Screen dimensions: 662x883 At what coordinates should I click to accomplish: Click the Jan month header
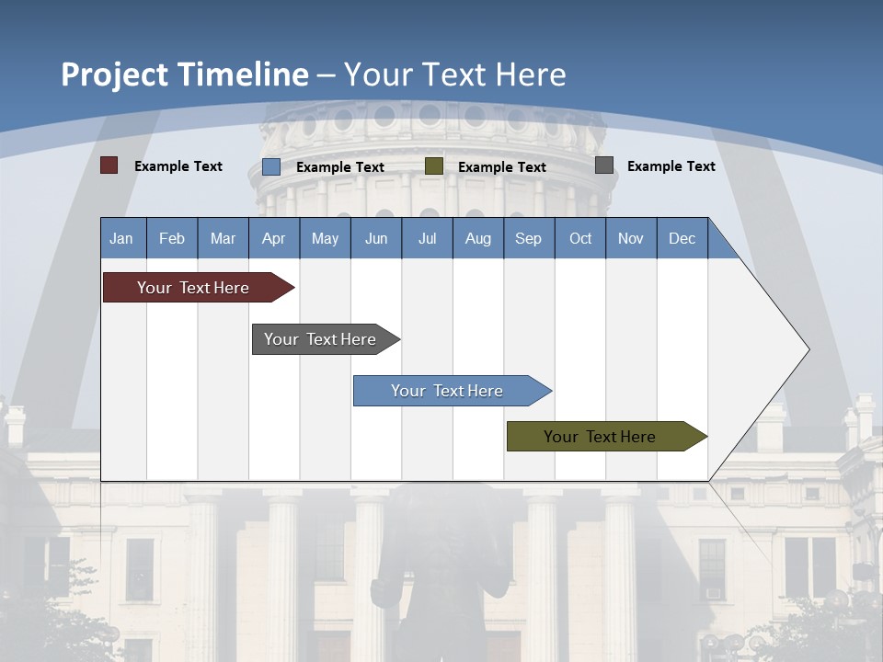121,238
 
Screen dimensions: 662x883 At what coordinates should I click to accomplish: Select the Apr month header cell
273,238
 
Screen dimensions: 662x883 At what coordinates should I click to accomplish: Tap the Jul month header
427,238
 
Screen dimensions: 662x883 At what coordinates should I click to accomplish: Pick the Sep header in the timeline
528,238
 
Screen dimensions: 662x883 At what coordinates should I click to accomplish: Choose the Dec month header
682,238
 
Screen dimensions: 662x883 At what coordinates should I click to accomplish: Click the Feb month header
172,238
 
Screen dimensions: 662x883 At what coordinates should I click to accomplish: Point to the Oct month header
580,238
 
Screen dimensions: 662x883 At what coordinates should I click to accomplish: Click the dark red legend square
109,165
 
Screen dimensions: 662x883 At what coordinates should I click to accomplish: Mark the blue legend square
271,166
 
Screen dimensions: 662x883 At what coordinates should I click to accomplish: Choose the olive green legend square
434,166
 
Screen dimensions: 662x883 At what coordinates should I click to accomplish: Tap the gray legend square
604,165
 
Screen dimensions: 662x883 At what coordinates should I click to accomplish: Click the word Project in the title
114,74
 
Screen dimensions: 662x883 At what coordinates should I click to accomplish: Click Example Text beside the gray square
671,165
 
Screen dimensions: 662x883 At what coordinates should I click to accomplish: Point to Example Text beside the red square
178,165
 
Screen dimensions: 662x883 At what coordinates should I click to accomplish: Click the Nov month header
631,238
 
